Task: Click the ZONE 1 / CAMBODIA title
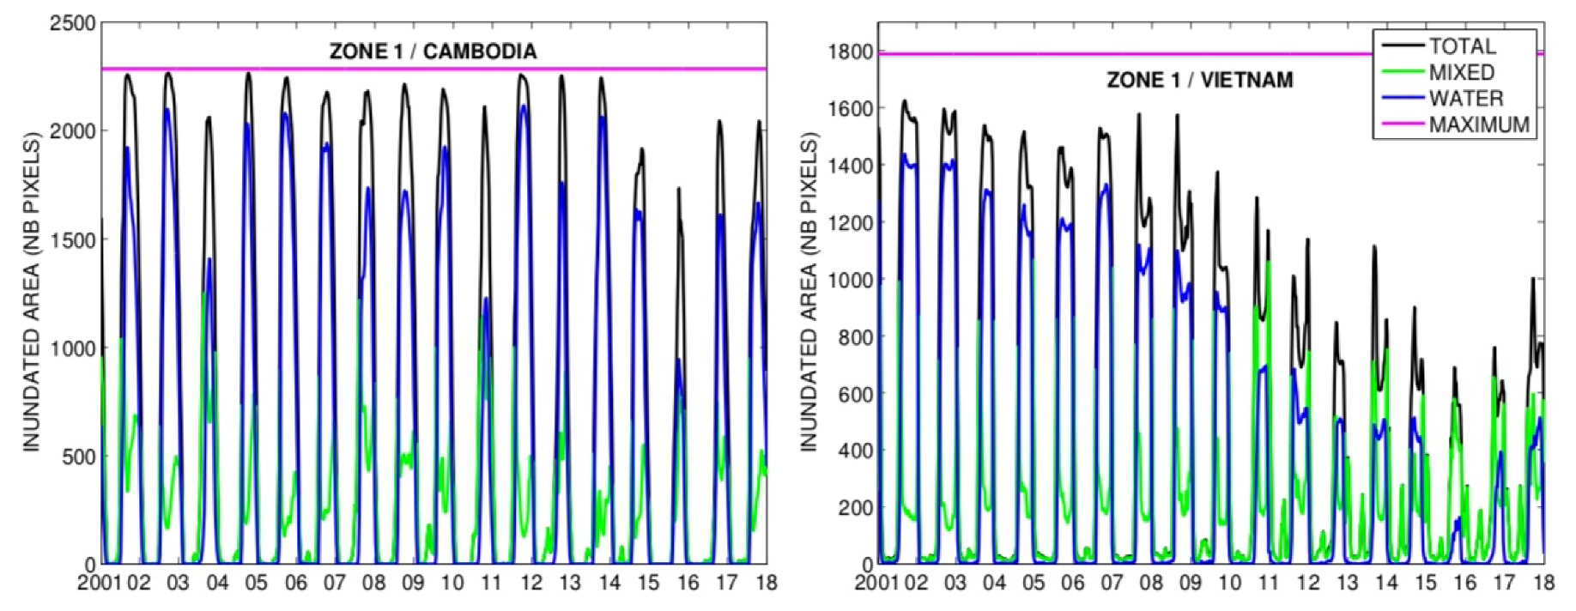click(x=433, y=51)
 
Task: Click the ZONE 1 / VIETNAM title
click(x=1199, y=81)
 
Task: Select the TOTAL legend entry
click(x=1462, y=46)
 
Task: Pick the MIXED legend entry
click(x=1462, y=72)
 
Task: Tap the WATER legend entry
click(x=1465, y=98)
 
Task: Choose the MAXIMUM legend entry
click(x=1478, y=124)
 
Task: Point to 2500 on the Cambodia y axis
click(x=73, y=23)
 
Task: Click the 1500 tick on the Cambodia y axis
click(x=73, y=240)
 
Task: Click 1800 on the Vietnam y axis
click(x=851, y=51)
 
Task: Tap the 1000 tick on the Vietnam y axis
click(x=851, y=280)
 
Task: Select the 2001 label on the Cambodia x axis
click(x=99, y=584)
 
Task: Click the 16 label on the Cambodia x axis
click(x=688, y=584)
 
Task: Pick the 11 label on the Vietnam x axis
click(x=1269, y=584)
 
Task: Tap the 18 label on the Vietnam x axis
click(x=1543, y=584)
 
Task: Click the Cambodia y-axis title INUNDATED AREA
click(x=32, y=292)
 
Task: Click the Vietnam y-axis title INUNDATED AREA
click(x=809, y=292)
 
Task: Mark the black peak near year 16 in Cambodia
click(x=678, y=190)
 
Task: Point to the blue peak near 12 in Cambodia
click(x=524, y=106)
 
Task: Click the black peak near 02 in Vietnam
click(x=904, y=101)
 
